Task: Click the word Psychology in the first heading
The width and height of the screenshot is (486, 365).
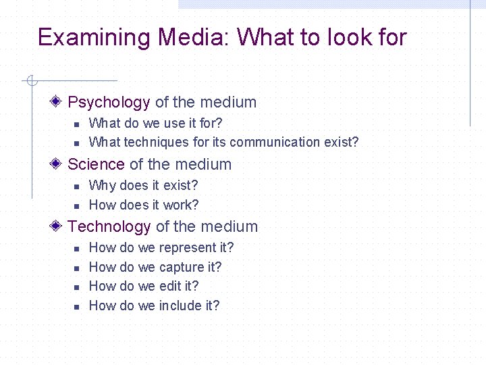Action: [x=109, y=103]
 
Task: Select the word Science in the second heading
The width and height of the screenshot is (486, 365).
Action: [x=96, y=164]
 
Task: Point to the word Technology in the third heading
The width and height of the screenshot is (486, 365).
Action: [x=109, y=226]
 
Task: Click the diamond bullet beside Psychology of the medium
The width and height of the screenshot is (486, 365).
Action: [x=57, y=101]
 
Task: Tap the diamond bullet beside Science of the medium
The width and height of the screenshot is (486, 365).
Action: [x=57, y=164]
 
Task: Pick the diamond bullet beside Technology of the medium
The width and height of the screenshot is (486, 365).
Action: [x=57, y=226]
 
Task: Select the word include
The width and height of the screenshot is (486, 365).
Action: [x=180, y=306]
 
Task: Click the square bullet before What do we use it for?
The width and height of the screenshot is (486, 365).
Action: [x=77, y=124]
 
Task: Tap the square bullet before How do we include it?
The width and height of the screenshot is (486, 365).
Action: [x=77, y=306]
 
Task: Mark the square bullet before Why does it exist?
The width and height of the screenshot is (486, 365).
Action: [x=77, y=186]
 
